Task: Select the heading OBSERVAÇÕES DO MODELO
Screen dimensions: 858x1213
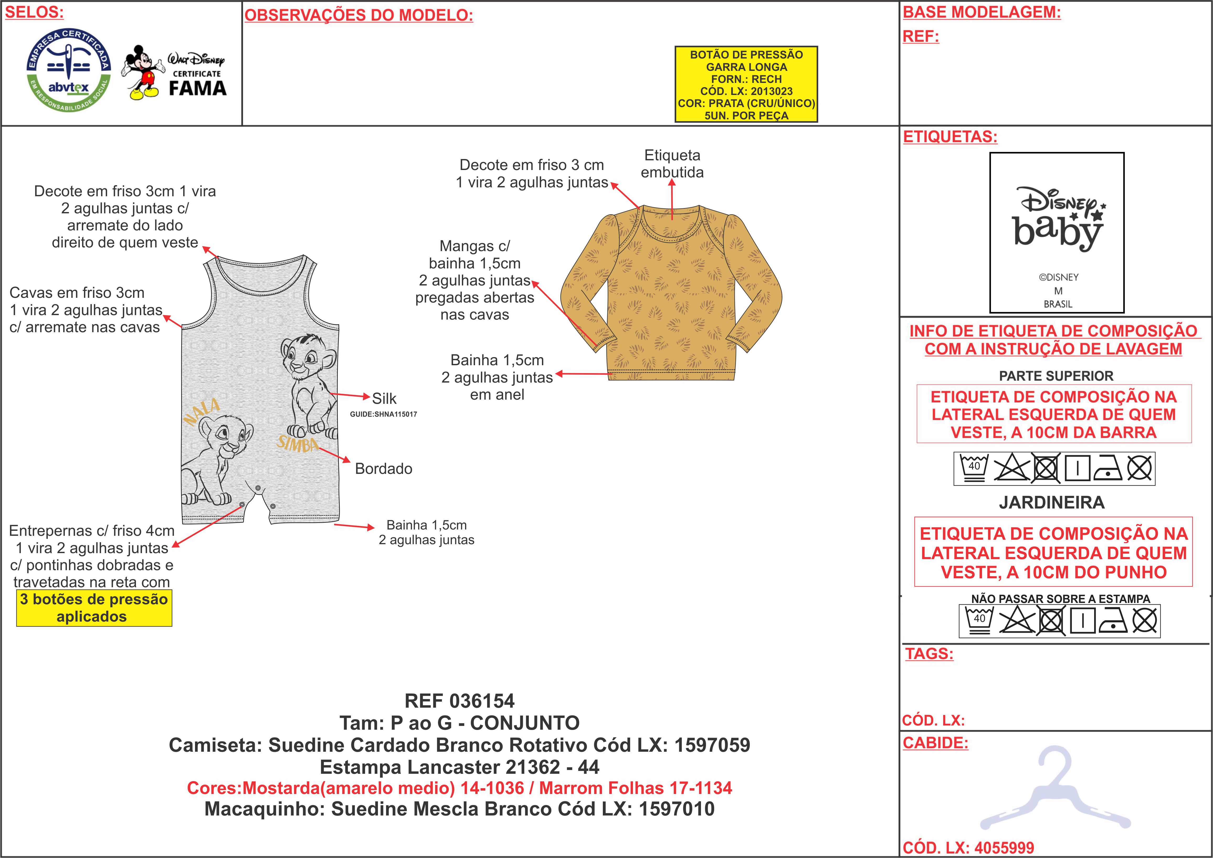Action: [x=359, y=15]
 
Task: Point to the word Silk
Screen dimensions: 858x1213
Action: [x=384, y=399]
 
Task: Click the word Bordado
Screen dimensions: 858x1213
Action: [x=383, y=469]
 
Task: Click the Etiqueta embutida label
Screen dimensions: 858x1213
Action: [x=672, y=164]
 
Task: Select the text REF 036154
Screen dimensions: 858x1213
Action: [x=459, y=701]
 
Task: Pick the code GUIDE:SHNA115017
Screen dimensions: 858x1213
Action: [x=383, y=414]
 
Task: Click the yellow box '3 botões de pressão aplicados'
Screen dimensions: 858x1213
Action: [x=94, y=608]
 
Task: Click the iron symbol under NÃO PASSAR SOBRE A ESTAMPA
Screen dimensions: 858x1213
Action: [x=1113, y=621]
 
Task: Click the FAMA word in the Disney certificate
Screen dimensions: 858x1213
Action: [x=198, y=88]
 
